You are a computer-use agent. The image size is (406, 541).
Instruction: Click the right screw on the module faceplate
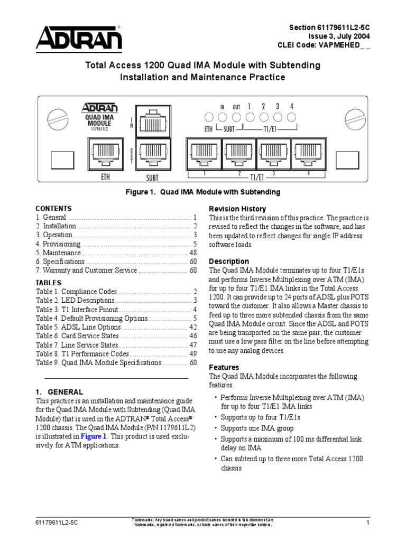pyautogui.click(x=354, y=117)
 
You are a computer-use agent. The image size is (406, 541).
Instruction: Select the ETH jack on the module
pyautogui.click(x=106, y=155)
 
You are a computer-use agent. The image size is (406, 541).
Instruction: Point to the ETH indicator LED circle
pyautogui.click(x=208, y=117)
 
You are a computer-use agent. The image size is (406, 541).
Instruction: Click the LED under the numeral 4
pyautogui.click(x=291, y=117)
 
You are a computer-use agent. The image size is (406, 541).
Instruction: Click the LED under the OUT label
pyautogui.click(x=236, y=117)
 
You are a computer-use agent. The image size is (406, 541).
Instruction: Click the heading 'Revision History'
pyautogui.click(x=237, y=209)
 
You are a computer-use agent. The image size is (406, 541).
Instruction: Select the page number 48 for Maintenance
pyautogui.click(x=193, y=253)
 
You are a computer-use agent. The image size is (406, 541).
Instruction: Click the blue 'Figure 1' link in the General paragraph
pyautogui.click(x=94, y=436)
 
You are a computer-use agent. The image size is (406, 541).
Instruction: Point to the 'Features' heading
pyautogui.click(x=224, y=367)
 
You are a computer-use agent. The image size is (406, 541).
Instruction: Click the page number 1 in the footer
pyautogui.click(x=367, y=523)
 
